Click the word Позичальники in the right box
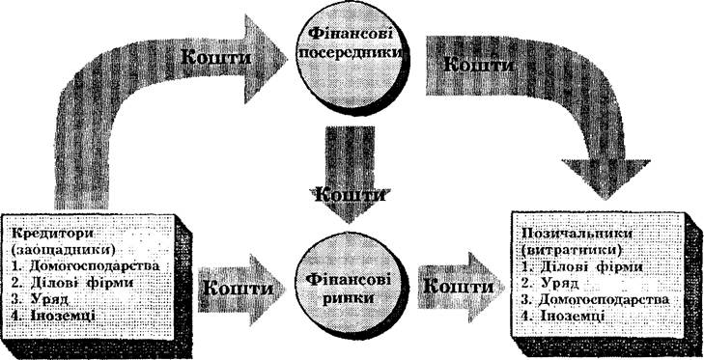[x=563, y=235]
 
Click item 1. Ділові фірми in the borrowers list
[x=582, y=267]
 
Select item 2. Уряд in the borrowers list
[x=550, y=283]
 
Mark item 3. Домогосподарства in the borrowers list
[x=596, y=299]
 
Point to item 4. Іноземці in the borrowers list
[x=563, y=315]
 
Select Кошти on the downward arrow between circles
[x=349, y=194]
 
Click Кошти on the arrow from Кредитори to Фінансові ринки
[x=238, y=288]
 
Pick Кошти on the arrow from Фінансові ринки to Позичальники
[x=457, y=286]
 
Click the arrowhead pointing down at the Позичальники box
[x=605, y=179]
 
